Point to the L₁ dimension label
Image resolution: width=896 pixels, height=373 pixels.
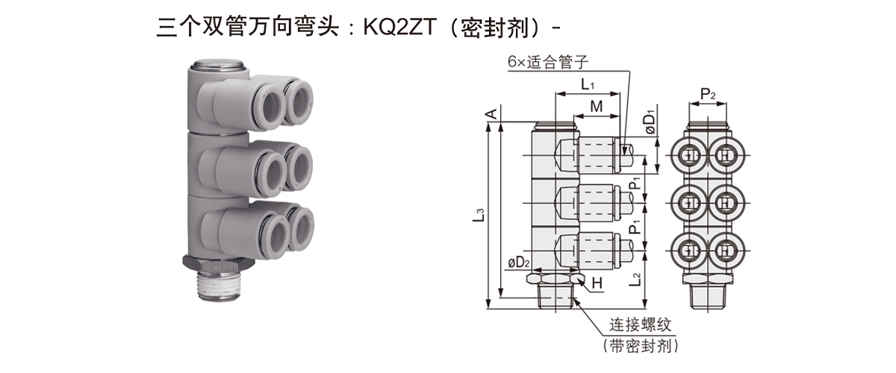click(x=587, y=86)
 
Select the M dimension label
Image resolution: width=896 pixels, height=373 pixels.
click(x=596, y=107)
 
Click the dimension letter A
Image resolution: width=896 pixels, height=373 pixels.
click(x=491, y=113)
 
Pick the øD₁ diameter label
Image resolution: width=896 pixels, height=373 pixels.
click(x=650, y=122)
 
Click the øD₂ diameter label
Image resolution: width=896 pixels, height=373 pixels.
click(x=518, y=263)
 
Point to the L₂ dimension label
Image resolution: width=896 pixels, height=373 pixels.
click(x=635, y=280)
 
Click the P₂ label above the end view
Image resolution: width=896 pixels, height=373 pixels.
click(x=709, y=94)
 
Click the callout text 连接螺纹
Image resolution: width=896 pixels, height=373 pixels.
click(x=641, y=325)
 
